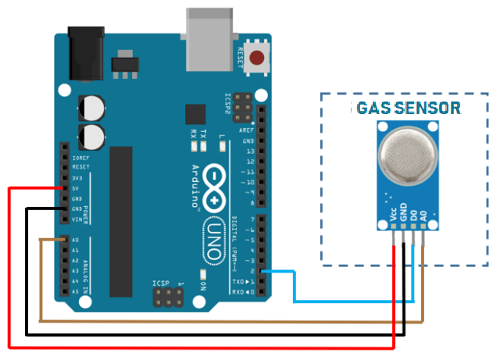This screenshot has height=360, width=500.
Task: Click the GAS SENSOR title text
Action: tap(408, 108)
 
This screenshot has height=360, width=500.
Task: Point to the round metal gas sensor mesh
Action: tap(408, 155)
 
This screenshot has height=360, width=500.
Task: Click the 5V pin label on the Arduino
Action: tap(76, 188)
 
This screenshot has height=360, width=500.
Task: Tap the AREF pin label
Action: tap(247, 130)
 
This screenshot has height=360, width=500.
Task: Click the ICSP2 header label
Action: tap(227, 105)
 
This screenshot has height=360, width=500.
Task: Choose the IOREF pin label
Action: tap(80, 157)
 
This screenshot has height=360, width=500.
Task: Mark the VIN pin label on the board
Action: tap(77, 220)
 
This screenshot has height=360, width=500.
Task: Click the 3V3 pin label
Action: tap(77, 178)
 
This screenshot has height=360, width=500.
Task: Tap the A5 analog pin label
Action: tap(75, 291)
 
